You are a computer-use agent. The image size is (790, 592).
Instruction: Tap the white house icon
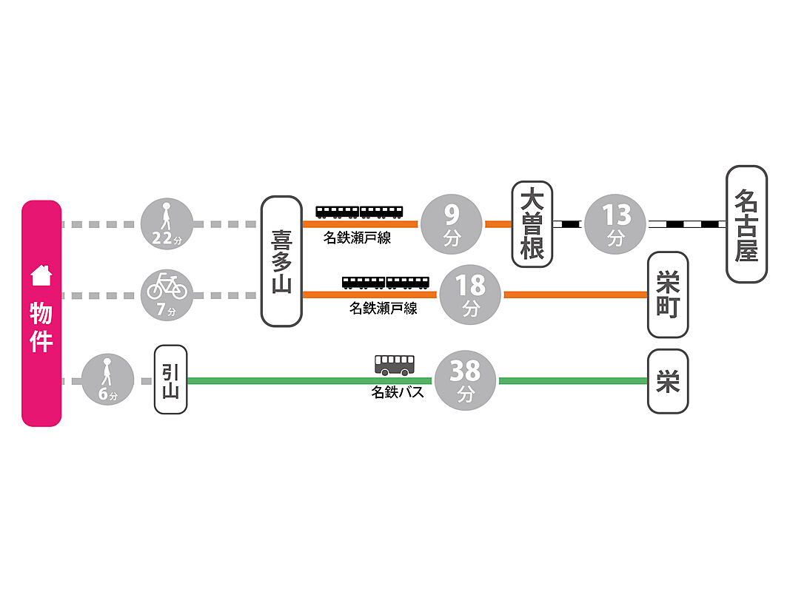[x=41, y=276]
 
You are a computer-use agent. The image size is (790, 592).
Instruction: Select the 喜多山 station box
[x=281, y=261]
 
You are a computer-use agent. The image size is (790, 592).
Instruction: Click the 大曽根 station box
[x=532, y=223]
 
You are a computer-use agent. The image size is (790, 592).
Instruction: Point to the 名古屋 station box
[x=746, y=223]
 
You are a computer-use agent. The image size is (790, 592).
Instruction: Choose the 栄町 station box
[x=667, y=295]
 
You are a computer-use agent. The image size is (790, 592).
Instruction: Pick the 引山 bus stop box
[x=170, y=379]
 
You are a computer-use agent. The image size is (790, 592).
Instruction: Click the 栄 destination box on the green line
[x=667, y=381]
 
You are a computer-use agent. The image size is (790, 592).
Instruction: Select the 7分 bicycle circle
[x=167, y=295]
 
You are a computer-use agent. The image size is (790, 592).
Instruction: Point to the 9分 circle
[x=452, y=223]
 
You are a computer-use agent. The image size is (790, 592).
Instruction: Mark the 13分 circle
[x=616, y=223]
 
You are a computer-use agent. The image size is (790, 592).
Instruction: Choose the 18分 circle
[x=471, y=295]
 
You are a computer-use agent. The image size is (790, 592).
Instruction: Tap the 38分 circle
[x=464, y=380]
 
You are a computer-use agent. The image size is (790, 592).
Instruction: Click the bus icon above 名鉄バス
[x=395, y=364]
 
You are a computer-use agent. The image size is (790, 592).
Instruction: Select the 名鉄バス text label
[x=398, y=392]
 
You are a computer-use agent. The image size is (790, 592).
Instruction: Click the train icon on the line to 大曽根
[x=360, y=212]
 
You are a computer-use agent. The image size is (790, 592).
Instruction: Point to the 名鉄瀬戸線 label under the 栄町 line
[x=383, y=308]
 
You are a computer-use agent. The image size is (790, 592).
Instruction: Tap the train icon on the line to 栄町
[x=386, y=282]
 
